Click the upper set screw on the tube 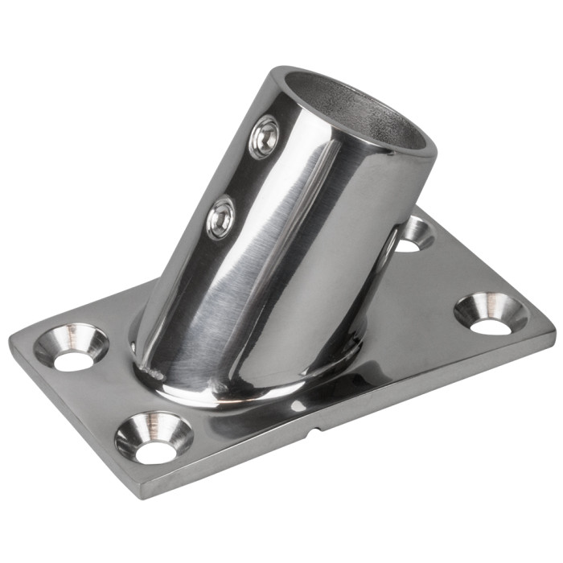(265, 138)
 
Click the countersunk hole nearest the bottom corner (154, 438)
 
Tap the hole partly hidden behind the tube (413, 234)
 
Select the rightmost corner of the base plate (553, 328)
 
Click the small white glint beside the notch (298, 407)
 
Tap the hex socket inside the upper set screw (265, 136)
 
